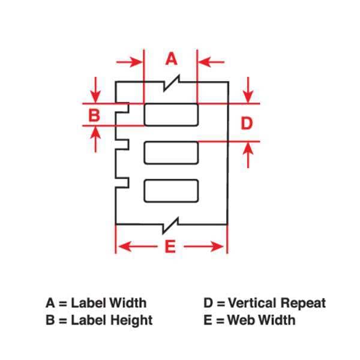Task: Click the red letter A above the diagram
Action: pos(171,59)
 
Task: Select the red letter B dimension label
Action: pos(94,115)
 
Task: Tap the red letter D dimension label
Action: pos(247,123)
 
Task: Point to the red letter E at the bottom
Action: pos(170,247)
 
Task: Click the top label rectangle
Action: pos(171,115)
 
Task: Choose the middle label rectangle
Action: pos(171,153)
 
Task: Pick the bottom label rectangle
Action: pos(171,191)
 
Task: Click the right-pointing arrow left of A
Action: pos(130,62)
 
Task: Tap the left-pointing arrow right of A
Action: pos(211,62)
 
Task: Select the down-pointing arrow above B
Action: pos(95,90)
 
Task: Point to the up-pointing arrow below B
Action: pos(95,139)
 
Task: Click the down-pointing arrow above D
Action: pos(248,90)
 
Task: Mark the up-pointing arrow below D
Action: pos(248,155)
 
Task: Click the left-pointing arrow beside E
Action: pos(138,247)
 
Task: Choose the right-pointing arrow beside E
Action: pos(203,247)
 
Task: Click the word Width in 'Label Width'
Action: pos(127,303)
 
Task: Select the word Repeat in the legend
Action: pos(303,303)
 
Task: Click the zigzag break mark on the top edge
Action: pos(171,83)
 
